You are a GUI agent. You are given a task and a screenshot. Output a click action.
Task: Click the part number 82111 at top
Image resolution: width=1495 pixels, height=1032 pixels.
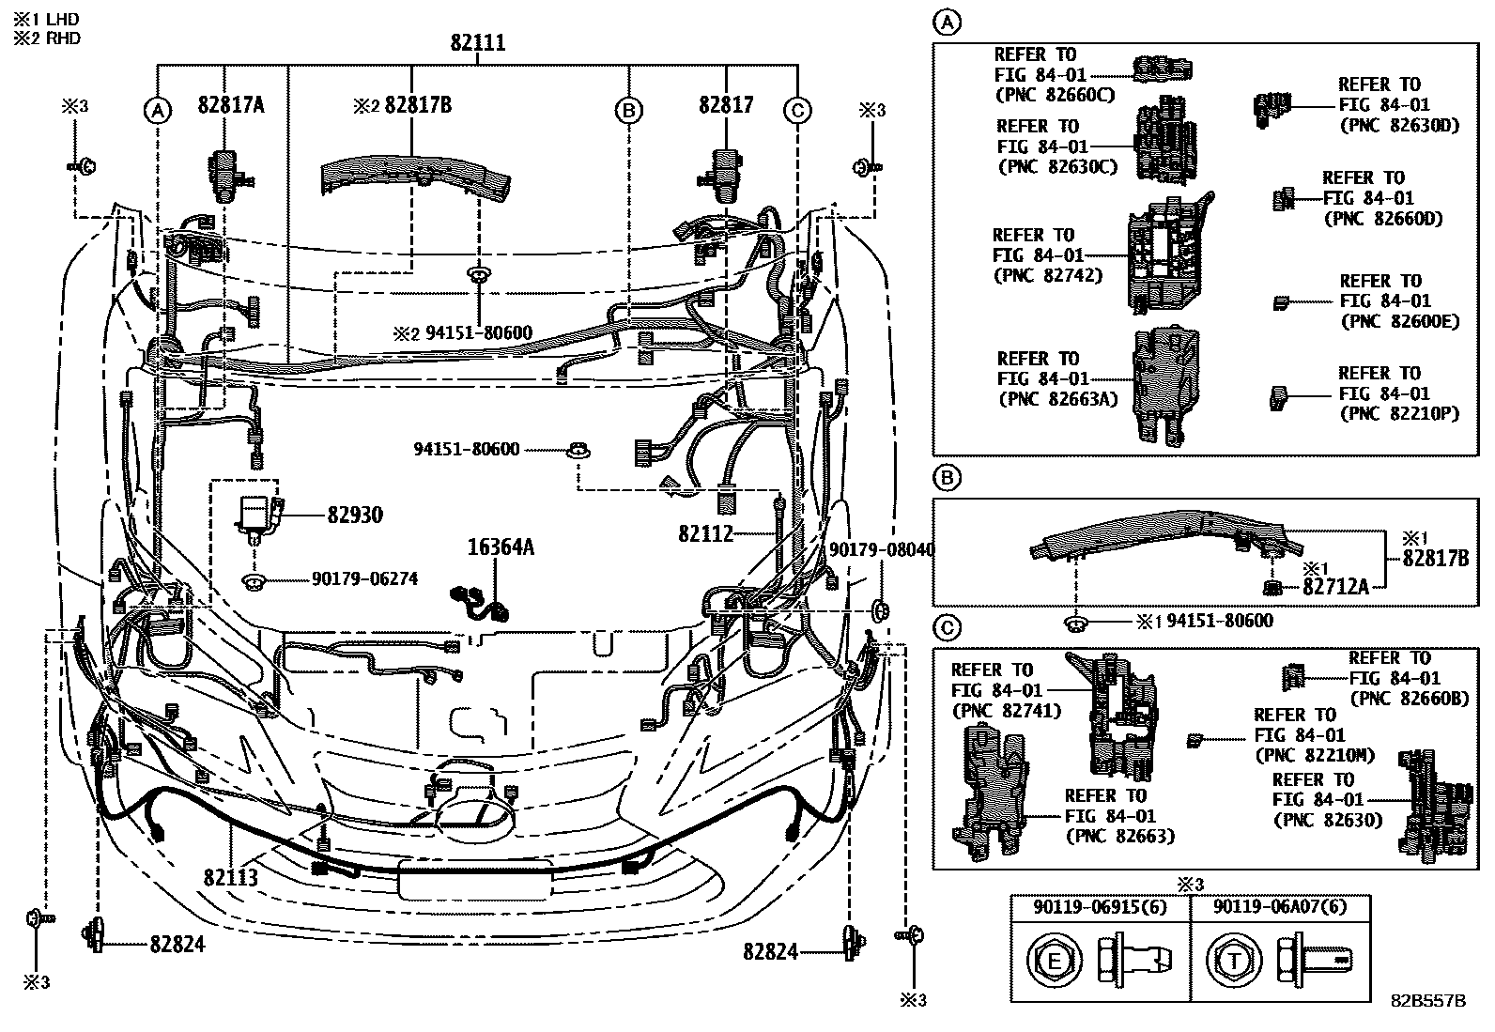(477, 42)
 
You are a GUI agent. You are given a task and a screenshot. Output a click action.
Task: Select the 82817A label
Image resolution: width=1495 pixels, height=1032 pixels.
(231, 105)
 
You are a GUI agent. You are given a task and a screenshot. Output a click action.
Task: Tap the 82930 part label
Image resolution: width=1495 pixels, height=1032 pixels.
(355, 516)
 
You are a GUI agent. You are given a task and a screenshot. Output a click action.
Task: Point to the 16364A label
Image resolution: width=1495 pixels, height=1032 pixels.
(501, 547)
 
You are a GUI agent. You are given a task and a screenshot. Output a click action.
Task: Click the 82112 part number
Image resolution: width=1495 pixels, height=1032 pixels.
(705, 534)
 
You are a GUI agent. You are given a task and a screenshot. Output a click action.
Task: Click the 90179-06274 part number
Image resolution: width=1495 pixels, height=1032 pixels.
(364, 579)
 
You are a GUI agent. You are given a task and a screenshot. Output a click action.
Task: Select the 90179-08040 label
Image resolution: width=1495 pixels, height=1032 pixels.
(882, 549)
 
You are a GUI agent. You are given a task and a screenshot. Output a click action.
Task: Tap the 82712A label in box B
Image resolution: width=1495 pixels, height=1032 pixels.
(1334, 587)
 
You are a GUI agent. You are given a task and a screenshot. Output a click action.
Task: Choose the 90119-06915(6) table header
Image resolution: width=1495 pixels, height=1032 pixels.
(1100, 908)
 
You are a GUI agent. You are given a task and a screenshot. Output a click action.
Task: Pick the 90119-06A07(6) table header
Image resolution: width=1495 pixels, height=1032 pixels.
(1280, 908)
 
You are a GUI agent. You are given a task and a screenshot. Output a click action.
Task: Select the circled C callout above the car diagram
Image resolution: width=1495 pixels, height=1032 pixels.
(796, 111)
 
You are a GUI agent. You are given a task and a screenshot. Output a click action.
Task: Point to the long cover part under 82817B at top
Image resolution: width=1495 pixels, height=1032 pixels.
(416, 177)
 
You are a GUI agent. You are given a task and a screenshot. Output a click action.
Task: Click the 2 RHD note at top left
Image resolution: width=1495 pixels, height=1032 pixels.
(46, 39)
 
